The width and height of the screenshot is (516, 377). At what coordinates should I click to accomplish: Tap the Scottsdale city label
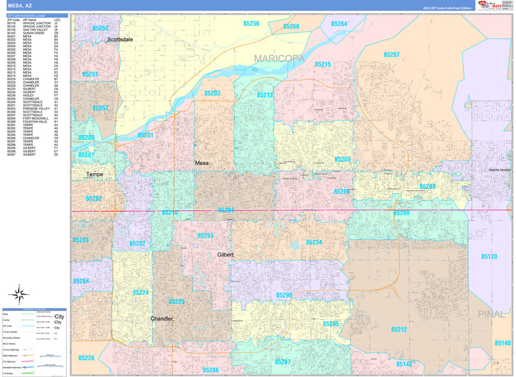[120, 39]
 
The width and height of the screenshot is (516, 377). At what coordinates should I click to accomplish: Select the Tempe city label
[94, 175]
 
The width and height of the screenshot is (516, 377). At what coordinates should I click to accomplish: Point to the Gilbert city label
[225, 255]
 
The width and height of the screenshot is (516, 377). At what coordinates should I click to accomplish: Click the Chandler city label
[161, 318]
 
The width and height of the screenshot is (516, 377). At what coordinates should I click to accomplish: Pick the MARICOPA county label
[279, 59]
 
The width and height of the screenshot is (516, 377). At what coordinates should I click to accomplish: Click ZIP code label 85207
[391, 54]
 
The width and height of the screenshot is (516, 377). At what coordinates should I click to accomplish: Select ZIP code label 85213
[265, 95]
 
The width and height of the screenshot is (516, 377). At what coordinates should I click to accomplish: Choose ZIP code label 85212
[399, 330]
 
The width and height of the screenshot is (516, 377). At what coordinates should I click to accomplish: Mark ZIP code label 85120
[488, 256]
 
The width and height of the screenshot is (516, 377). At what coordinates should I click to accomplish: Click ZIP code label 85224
[141, 293]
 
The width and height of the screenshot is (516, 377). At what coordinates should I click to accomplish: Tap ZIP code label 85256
[251, 23]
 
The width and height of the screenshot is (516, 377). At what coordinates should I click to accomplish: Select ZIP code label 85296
[284, 296]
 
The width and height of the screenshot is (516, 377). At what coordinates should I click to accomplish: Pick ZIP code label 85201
[145, 136]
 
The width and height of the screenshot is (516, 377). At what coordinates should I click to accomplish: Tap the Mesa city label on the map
[201, 163]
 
